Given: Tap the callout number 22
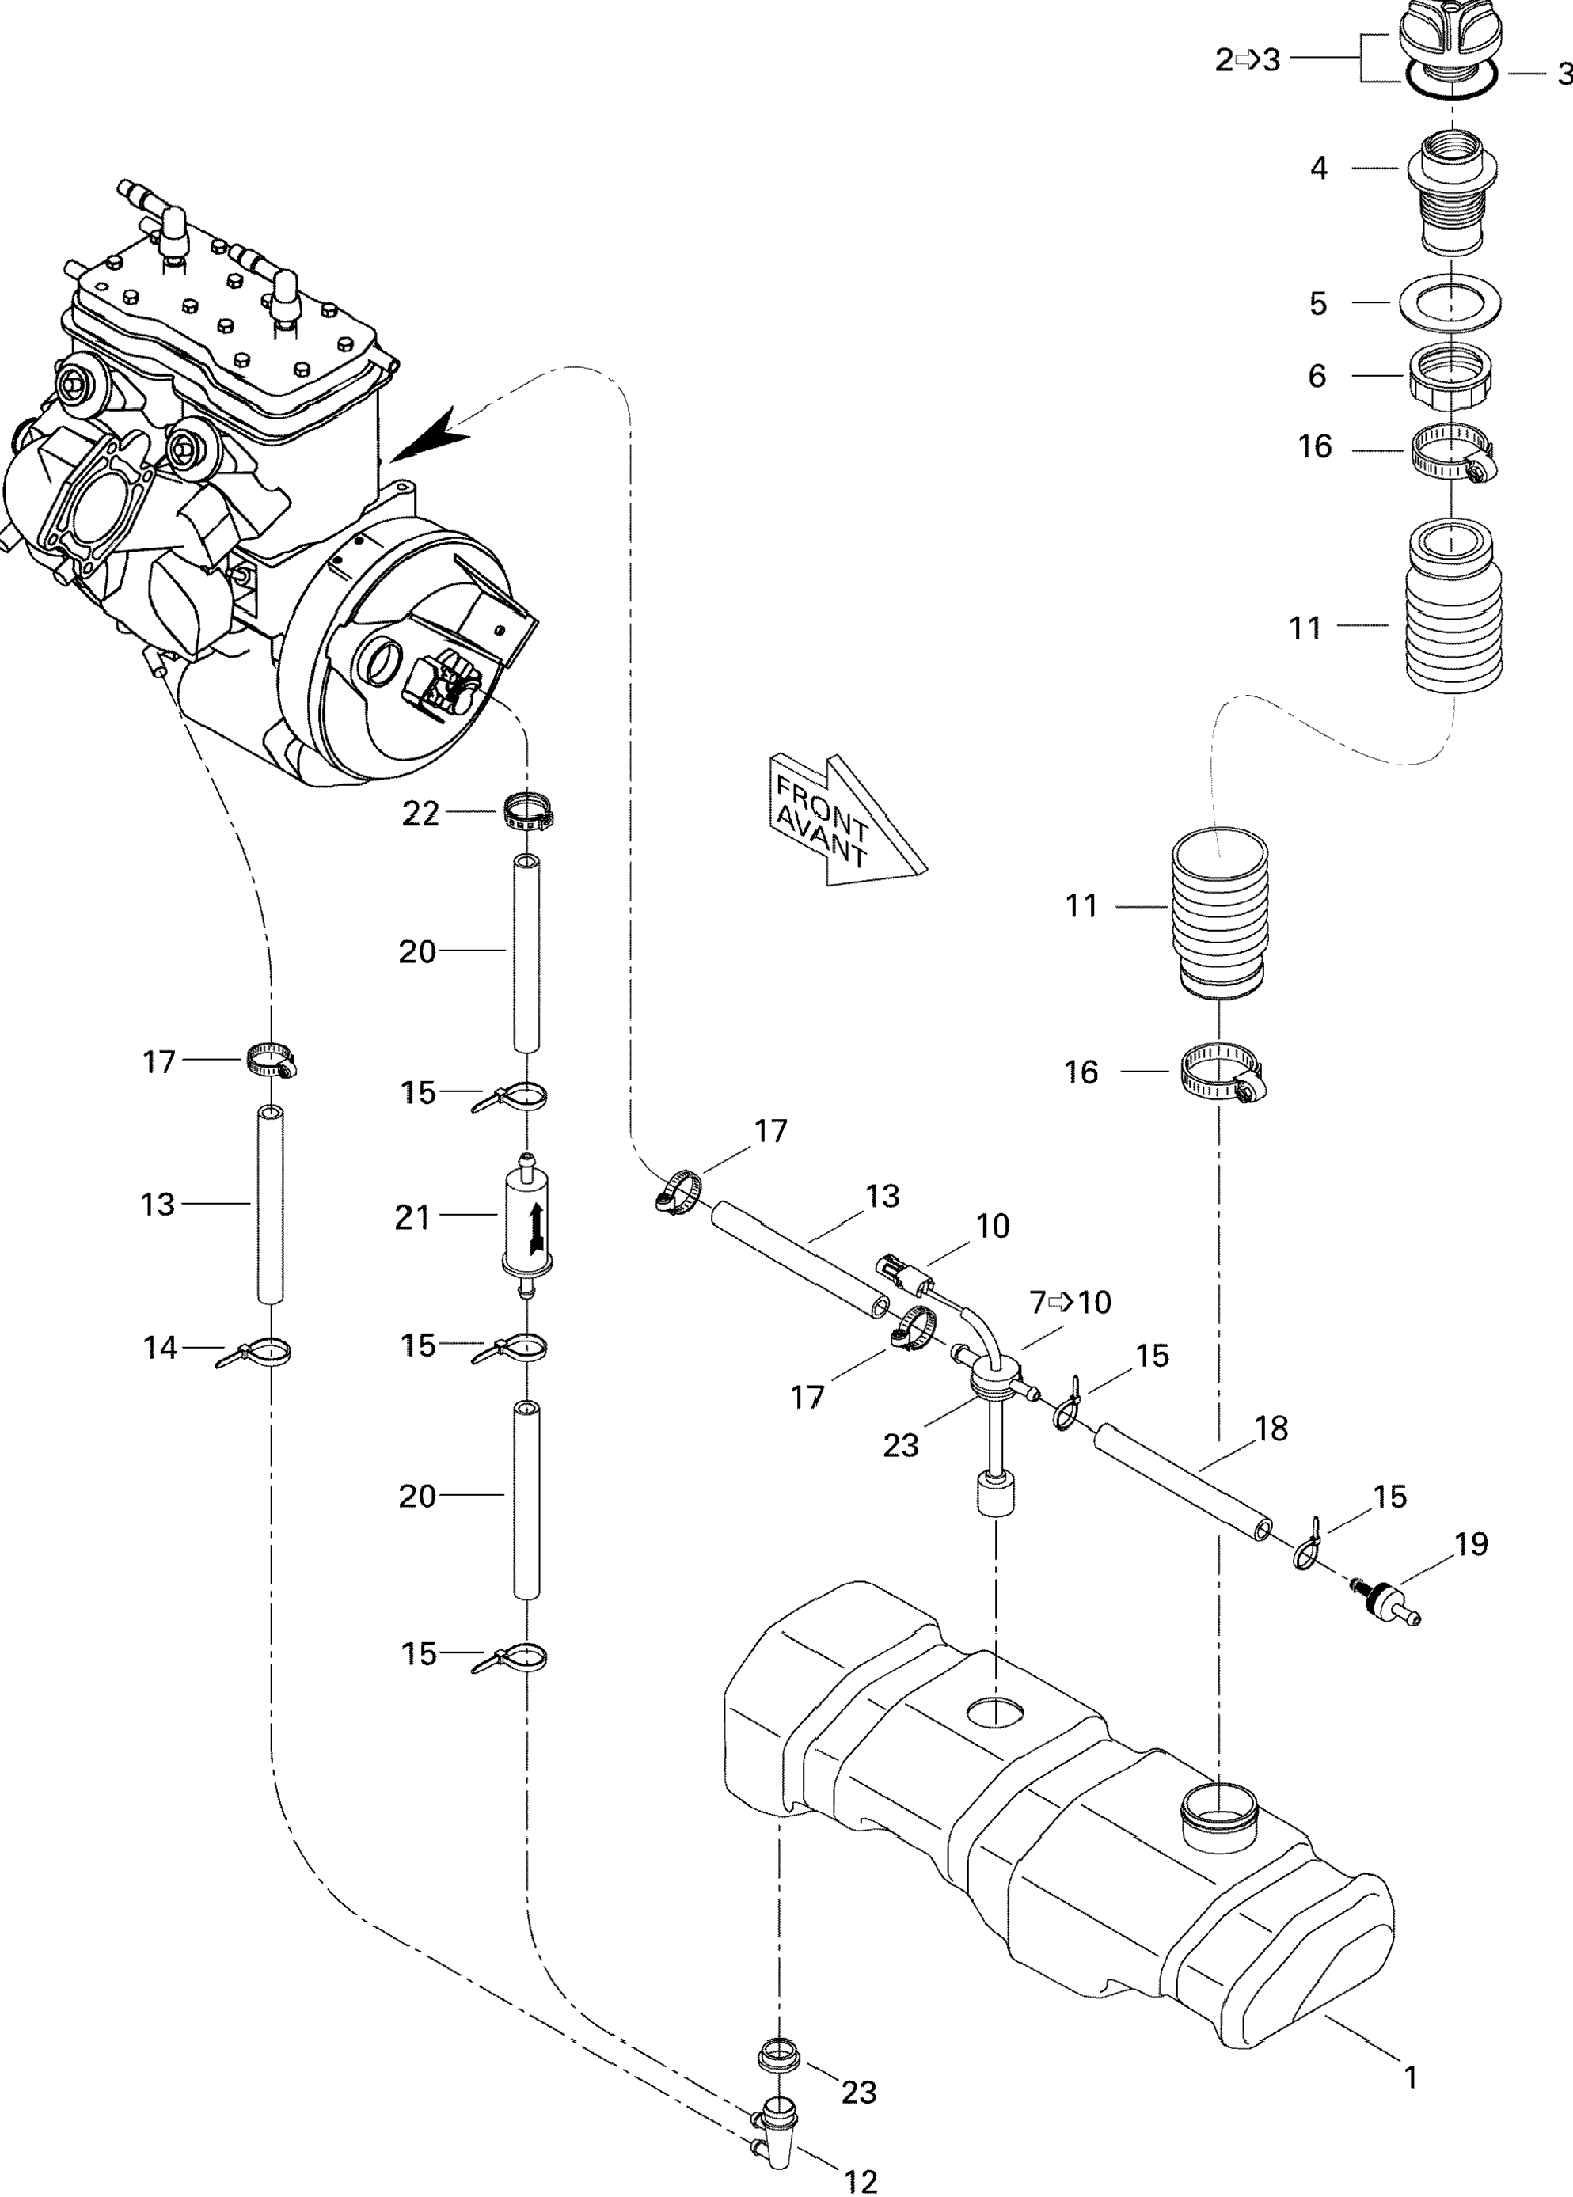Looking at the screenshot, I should point(420,814).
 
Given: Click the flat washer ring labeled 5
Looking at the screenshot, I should point(1451,302).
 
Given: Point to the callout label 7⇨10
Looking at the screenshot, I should point(1070,1303).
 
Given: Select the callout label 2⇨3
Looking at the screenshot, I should point(1248,60).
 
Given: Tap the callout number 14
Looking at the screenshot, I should point(161,1348).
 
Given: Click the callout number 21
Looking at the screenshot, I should point(412,1217).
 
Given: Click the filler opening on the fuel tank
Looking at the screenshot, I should point(1218,1804).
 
